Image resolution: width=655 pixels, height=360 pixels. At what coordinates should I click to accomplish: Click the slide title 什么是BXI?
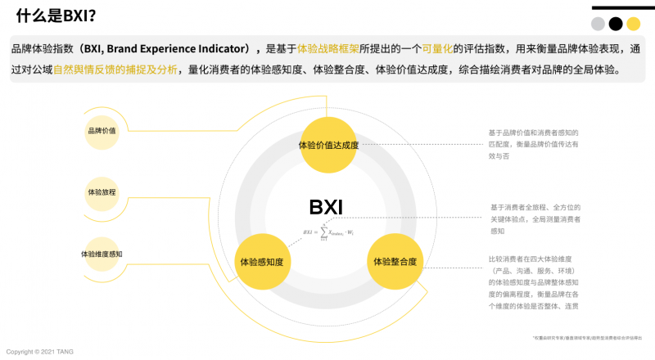pyautogui.click(x=56, y=16)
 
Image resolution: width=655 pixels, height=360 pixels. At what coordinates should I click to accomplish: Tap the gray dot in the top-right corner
pyautogui.click(x=599, y=24)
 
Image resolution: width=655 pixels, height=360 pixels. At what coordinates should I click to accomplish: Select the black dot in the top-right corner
pyautogui.click(x=616, y=24)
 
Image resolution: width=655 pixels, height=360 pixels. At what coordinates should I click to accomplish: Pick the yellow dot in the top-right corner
pyautogui.click(x=633, y=24)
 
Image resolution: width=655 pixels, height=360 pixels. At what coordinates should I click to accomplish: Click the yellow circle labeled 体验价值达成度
pyautogui.click(x=328, y=145)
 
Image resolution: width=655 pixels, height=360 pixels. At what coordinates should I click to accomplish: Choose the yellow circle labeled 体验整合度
pyautogui.click(x=395, y=262)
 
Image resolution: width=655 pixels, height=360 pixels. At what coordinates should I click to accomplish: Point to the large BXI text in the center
pyautogui.click(x=326, y=207)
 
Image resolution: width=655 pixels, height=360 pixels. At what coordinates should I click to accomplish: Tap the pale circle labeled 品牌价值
pyautogui.click(x=102, y=131)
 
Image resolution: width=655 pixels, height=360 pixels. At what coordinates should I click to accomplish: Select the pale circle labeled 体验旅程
pyautogui.click(x=102, y=192)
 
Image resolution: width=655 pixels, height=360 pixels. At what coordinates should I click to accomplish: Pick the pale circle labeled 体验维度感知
pyautogui.click(x=102, y=254)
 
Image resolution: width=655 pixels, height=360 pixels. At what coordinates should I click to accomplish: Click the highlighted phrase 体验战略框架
pyautogui.click(x=327, y=49)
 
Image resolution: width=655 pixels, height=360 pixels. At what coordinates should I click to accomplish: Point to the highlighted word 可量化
pyautogui.click(x=438, y=49)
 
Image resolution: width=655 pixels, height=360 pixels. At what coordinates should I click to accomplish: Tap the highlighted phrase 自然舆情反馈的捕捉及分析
pyautogui.click(x=115, y=70)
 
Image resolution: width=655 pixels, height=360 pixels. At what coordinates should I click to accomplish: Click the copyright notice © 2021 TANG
pyautogui.click(x=40, y=352)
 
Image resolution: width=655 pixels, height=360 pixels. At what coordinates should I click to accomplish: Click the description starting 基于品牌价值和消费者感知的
pyautogui.click(x=533, y=143)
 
